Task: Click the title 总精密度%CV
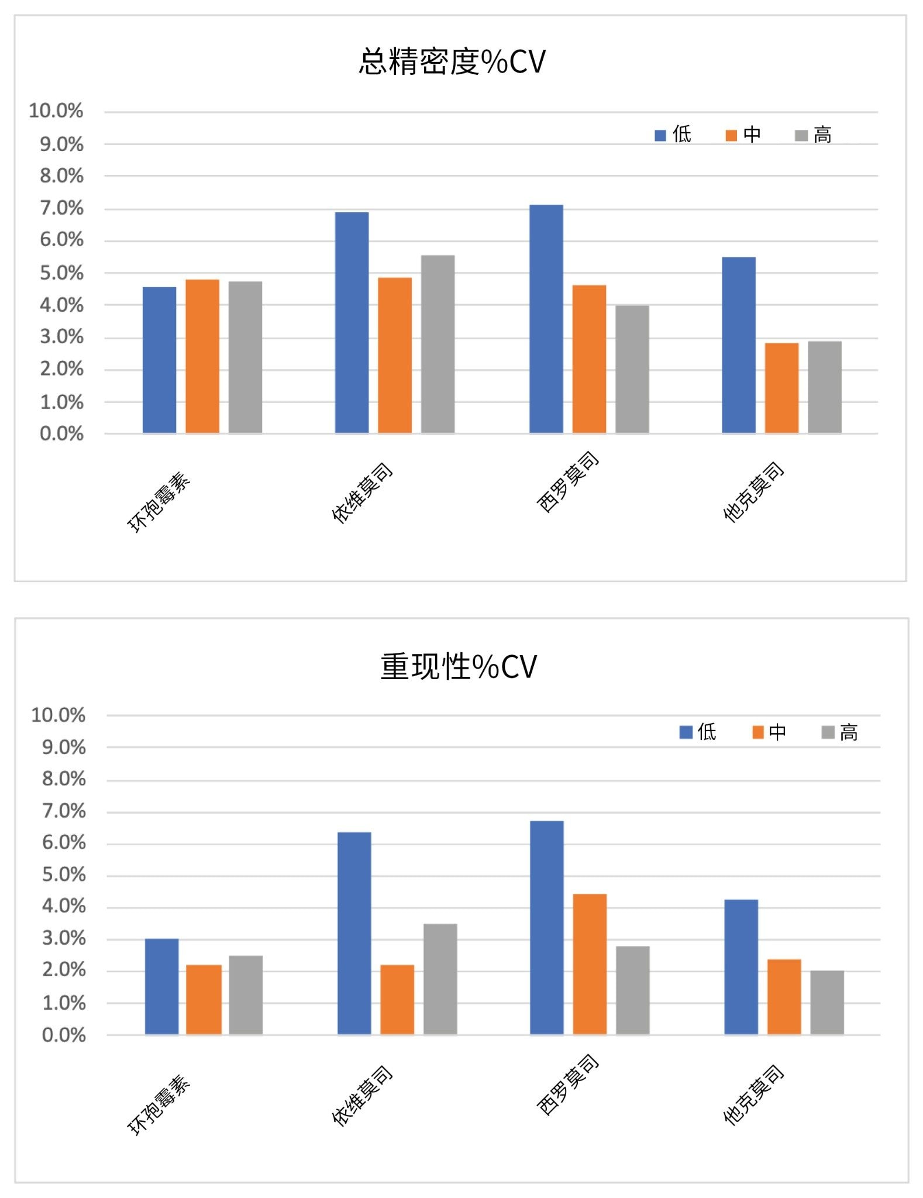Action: [452, 61]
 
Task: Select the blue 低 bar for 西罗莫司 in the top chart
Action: [546, 319]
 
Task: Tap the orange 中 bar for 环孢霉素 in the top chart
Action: [202, 356]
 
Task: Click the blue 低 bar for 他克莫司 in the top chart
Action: [738, 345]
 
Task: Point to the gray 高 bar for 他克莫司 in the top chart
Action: [824, 387]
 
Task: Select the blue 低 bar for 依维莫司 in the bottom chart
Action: [354, 933]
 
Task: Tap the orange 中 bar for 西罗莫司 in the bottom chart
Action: [590, 964]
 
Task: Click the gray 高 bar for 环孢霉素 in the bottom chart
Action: [246, 995]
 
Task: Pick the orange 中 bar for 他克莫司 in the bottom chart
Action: [784, 997]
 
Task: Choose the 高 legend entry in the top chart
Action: [814, 135]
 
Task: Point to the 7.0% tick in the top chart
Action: [61, 208]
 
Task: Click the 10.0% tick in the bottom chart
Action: [58, 715]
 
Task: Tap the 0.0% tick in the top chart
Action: [61, 434]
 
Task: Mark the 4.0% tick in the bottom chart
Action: [64, 907]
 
